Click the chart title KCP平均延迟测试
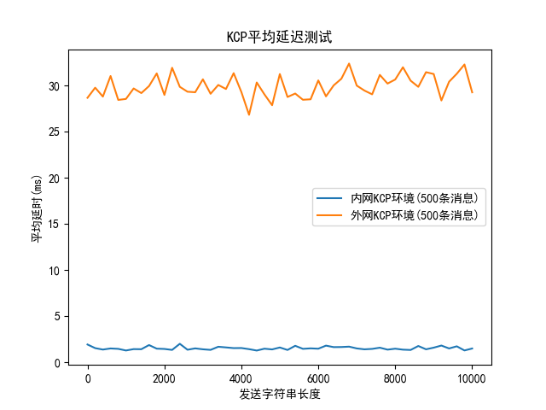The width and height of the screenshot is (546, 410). click(x=273, y=37)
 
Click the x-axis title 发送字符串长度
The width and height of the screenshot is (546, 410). click(x=280, y=395)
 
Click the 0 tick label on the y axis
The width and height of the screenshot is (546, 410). click(x=58, y=363)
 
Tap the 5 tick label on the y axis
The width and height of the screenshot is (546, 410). click(x=58, y=317)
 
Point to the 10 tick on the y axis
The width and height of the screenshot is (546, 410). click(x=55, y=271)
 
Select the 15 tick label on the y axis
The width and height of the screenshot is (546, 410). click(x=55, y=225)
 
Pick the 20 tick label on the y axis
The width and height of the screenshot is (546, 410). click(x=55, y=179)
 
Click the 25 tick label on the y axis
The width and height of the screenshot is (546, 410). click(x=55, y=132)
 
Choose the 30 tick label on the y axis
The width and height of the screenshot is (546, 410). click(x=55, y=86)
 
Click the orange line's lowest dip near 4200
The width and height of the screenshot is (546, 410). click(x=249, y=114)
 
